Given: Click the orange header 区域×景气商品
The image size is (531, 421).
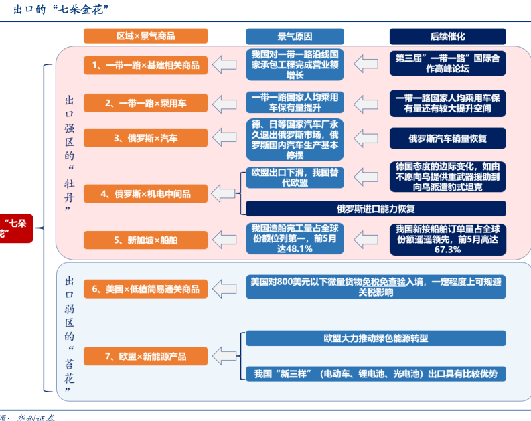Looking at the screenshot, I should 145,36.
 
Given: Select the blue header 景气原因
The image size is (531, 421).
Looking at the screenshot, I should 295,36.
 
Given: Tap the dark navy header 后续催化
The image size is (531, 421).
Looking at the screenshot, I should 447,36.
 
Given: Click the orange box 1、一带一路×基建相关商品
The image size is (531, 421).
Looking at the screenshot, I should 145,65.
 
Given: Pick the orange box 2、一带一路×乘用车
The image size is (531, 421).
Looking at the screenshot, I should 145,103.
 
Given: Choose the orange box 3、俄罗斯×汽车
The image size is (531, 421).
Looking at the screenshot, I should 145,139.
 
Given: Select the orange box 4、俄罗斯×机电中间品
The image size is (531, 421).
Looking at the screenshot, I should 145,194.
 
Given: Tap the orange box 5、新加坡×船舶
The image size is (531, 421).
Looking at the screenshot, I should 145,239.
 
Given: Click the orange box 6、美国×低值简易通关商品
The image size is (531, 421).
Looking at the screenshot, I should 145,289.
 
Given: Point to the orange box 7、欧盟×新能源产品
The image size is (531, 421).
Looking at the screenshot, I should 145,357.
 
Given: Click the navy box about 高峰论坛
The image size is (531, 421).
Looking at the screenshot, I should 447,63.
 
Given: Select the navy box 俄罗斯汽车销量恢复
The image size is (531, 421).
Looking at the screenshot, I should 447,139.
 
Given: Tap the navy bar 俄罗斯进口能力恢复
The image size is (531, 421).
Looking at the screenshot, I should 376,207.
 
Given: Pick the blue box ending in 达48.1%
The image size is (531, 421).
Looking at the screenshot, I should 295,238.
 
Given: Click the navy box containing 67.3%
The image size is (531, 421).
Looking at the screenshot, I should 447,239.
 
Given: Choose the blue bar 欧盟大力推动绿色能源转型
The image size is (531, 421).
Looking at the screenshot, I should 376,338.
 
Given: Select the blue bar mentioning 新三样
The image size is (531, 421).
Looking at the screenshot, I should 376,373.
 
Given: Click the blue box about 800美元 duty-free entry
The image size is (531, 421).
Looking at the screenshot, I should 376,287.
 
